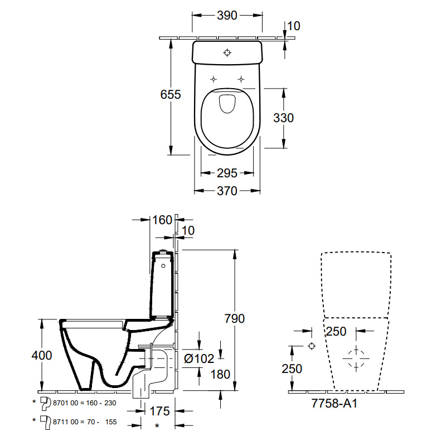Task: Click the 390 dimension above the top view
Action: [x=227, y=16]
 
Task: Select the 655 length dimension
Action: [x=171, y=95]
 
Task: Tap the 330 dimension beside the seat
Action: [x=283, y=118]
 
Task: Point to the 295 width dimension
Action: [x=227, y=173]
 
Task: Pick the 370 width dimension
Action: [x=227, y=191]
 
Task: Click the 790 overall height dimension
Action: [x=234, y=319]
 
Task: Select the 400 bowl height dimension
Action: [x=42, y=355]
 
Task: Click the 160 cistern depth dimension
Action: [x=162, y=220]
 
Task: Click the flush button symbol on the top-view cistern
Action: [x=227, y=53]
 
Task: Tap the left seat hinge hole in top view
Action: [x=213, y=79]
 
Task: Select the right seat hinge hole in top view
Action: [x=241, y=79]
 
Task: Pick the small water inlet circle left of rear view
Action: [x=312, y=346]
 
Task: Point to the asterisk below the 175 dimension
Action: [x=157, y=426]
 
